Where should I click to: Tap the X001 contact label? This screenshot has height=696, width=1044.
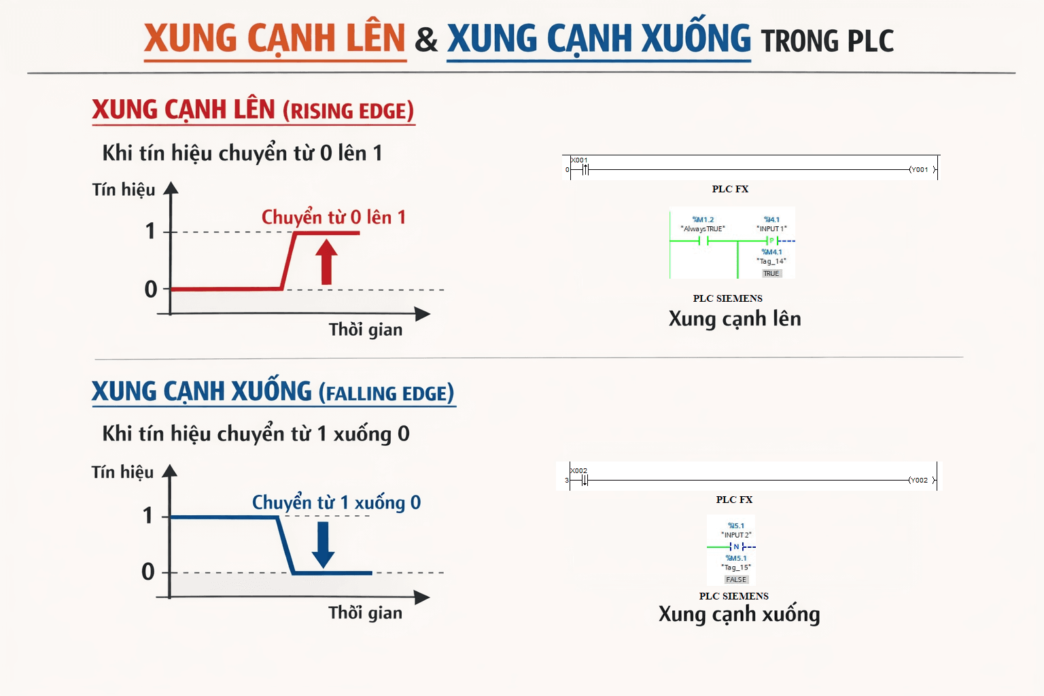(x=579, y=160)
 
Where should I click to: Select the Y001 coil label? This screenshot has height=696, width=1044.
(x=920, y=170)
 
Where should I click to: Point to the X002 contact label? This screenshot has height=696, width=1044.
(x=579, y=470)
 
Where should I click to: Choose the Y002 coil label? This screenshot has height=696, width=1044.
(x=919, y=480)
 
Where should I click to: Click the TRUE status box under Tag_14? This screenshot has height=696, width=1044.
(x=771, y=274)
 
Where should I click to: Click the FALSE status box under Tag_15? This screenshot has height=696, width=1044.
(x=736, y=580)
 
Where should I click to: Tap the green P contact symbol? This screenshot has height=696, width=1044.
(x=771, y=241)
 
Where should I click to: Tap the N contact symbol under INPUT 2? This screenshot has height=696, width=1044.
(x=736, y=546)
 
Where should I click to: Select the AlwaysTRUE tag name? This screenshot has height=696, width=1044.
(x=703, y=229)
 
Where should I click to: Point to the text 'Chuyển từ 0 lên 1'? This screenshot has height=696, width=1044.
(x=334, y=217)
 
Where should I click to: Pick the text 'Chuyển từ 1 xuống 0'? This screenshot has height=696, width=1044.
(x=336, y=502)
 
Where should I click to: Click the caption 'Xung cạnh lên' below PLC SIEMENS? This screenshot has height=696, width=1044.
(x=735, y=319)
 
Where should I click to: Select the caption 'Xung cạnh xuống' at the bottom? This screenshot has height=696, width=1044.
(x=739, y=614)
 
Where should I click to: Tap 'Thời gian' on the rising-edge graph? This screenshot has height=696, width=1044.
(x=366, y=330)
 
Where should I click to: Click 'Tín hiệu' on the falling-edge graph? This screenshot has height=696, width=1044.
(x=123, y=472)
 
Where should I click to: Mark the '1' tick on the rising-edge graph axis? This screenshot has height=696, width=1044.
(x=150, y=231)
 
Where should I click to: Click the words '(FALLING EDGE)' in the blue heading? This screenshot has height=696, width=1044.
(x=387, y=394)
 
